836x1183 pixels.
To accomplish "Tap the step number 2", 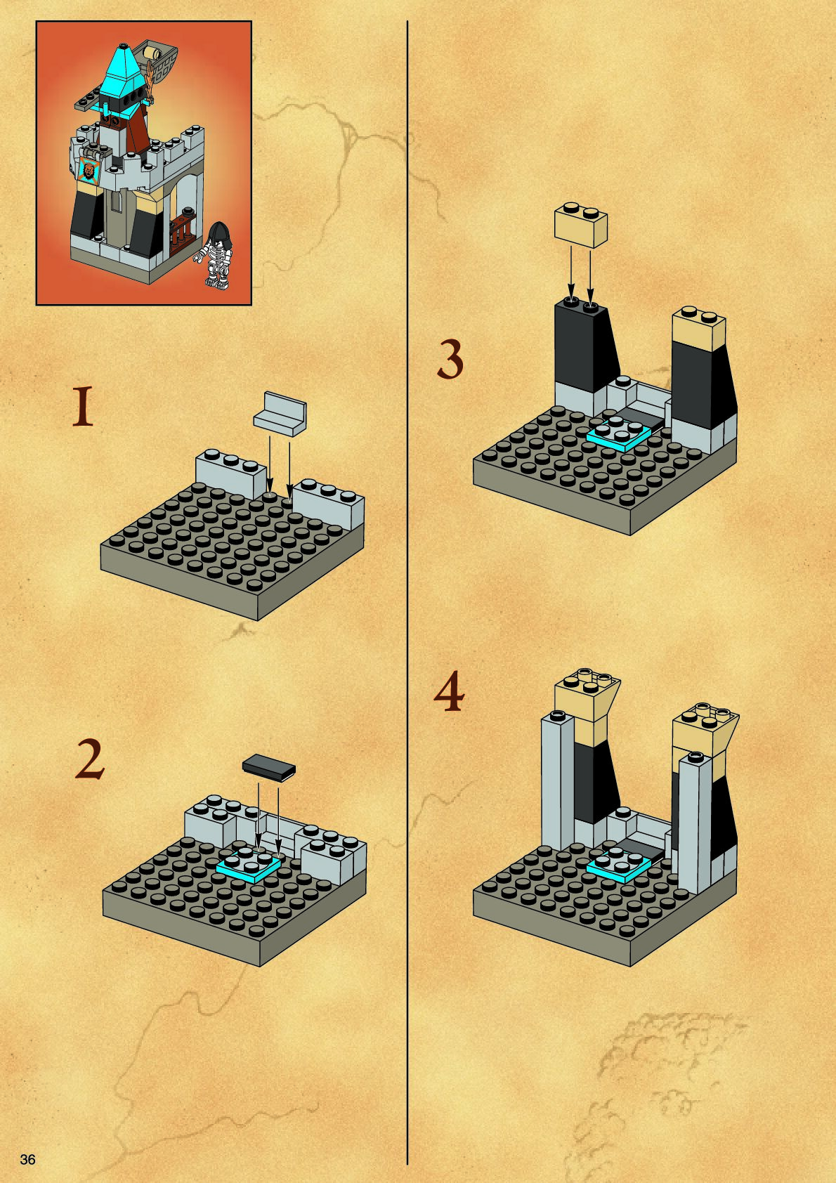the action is pos(90,758).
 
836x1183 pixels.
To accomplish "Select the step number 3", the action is pos(450,359).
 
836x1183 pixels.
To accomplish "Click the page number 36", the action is pos(27,1159).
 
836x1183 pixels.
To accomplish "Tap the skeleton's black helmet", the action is pos(218,233).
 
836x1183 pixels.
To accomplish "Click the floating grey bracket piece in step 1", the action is pos(280,414).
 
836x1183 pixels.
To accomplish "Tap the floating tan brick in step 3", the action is pos(581,225).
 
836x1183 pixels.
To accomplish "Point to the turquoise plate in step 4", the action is pos(619,865).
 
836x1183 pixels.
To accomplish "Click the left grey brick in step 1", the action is pos(231,473).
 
